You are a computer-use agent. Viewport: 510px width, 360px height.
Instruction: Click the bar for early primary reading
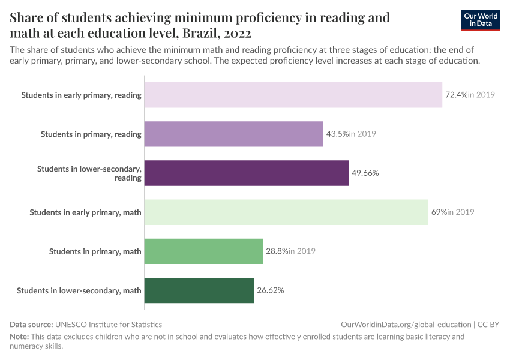(293, 95)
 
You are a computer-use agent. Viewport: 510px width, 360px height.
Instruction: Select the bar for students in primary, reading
(234, 134)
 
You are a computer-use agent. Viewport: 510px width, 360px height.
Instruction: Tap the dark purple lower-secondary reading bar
(247, 173)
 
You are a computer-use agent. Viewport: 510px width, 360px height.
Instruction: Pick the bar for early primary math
(286, 212)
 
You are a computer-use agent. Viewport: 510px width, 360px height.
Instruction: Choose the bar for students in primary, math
(204, 251)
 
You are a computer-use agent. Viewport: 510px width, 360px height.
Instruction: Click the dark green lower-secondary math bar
(199, 290)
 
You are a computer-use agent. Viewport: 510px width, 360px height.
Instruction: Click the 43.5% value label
(337, 134)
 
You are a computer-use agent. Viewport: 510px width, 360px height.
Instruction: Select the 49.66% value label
(365, 173)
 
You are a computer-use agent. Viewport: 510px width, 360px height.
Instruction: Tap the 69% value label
(439, 212)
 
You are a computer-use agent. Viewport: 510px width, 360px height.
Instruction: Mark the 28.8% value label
(277, 251)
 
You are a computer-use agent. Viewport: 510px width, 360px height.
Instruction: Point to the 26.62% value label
(271, 290)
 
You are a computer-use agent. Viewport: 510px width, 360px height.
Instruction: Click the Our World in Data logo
(481, 20)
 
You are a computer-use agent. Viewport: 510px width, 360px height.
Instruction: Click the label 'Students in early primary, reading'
(81, 95)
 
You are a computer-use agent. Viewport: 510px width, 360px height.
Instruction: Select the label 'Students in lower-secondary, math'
(79, 290)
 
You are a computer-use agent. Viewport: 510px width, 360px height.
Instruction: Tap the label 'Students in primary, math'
(95, 251)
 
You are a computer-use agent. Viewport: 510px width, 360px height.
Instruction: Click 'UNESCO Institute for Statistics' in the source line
(109, 324)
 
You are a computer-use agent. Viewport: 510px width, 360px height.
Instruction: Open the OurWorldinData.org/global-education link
(406, 324)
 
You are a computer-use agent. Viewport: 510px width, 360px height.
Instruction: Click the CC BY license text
(488, 324)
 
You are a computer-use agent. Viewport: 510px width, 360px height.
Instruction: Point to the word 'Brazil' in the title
(205, 33)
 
